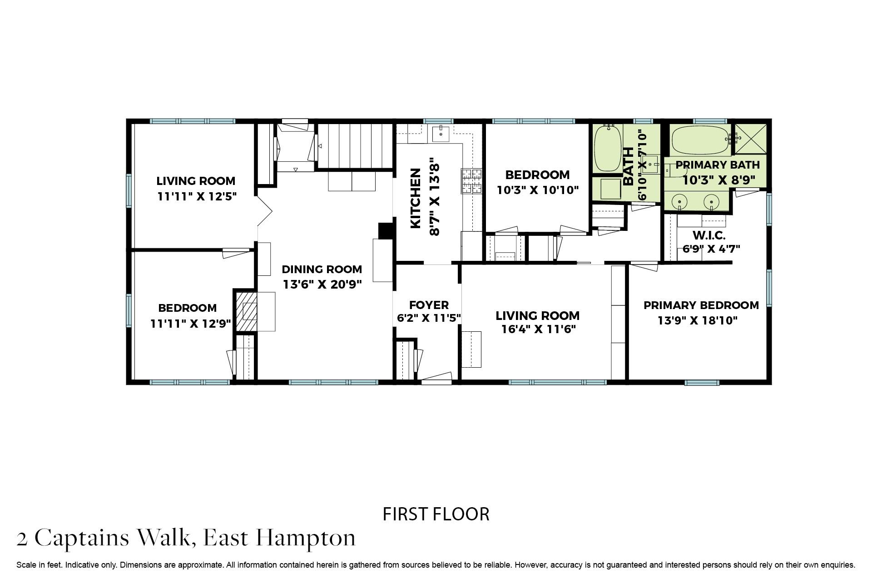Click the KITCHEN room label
point(415,199)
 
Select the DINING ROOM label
point(322,269)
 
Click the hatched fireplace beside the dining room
point(246,311)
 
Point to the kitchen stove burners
point(471,181)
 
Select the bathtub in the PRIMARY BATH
point(699,140)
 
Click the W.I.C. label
point(708,236)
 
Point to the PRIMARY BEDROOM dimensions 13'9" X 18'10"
point(697,320)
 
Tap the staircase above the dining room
point(355,145)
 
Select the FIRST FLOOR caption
point(436,514)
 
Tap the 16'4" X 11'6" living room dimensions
point(538,329)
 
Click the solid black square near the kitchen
point(385,230)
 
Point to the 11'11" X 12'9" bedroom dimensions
point(191,324)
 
